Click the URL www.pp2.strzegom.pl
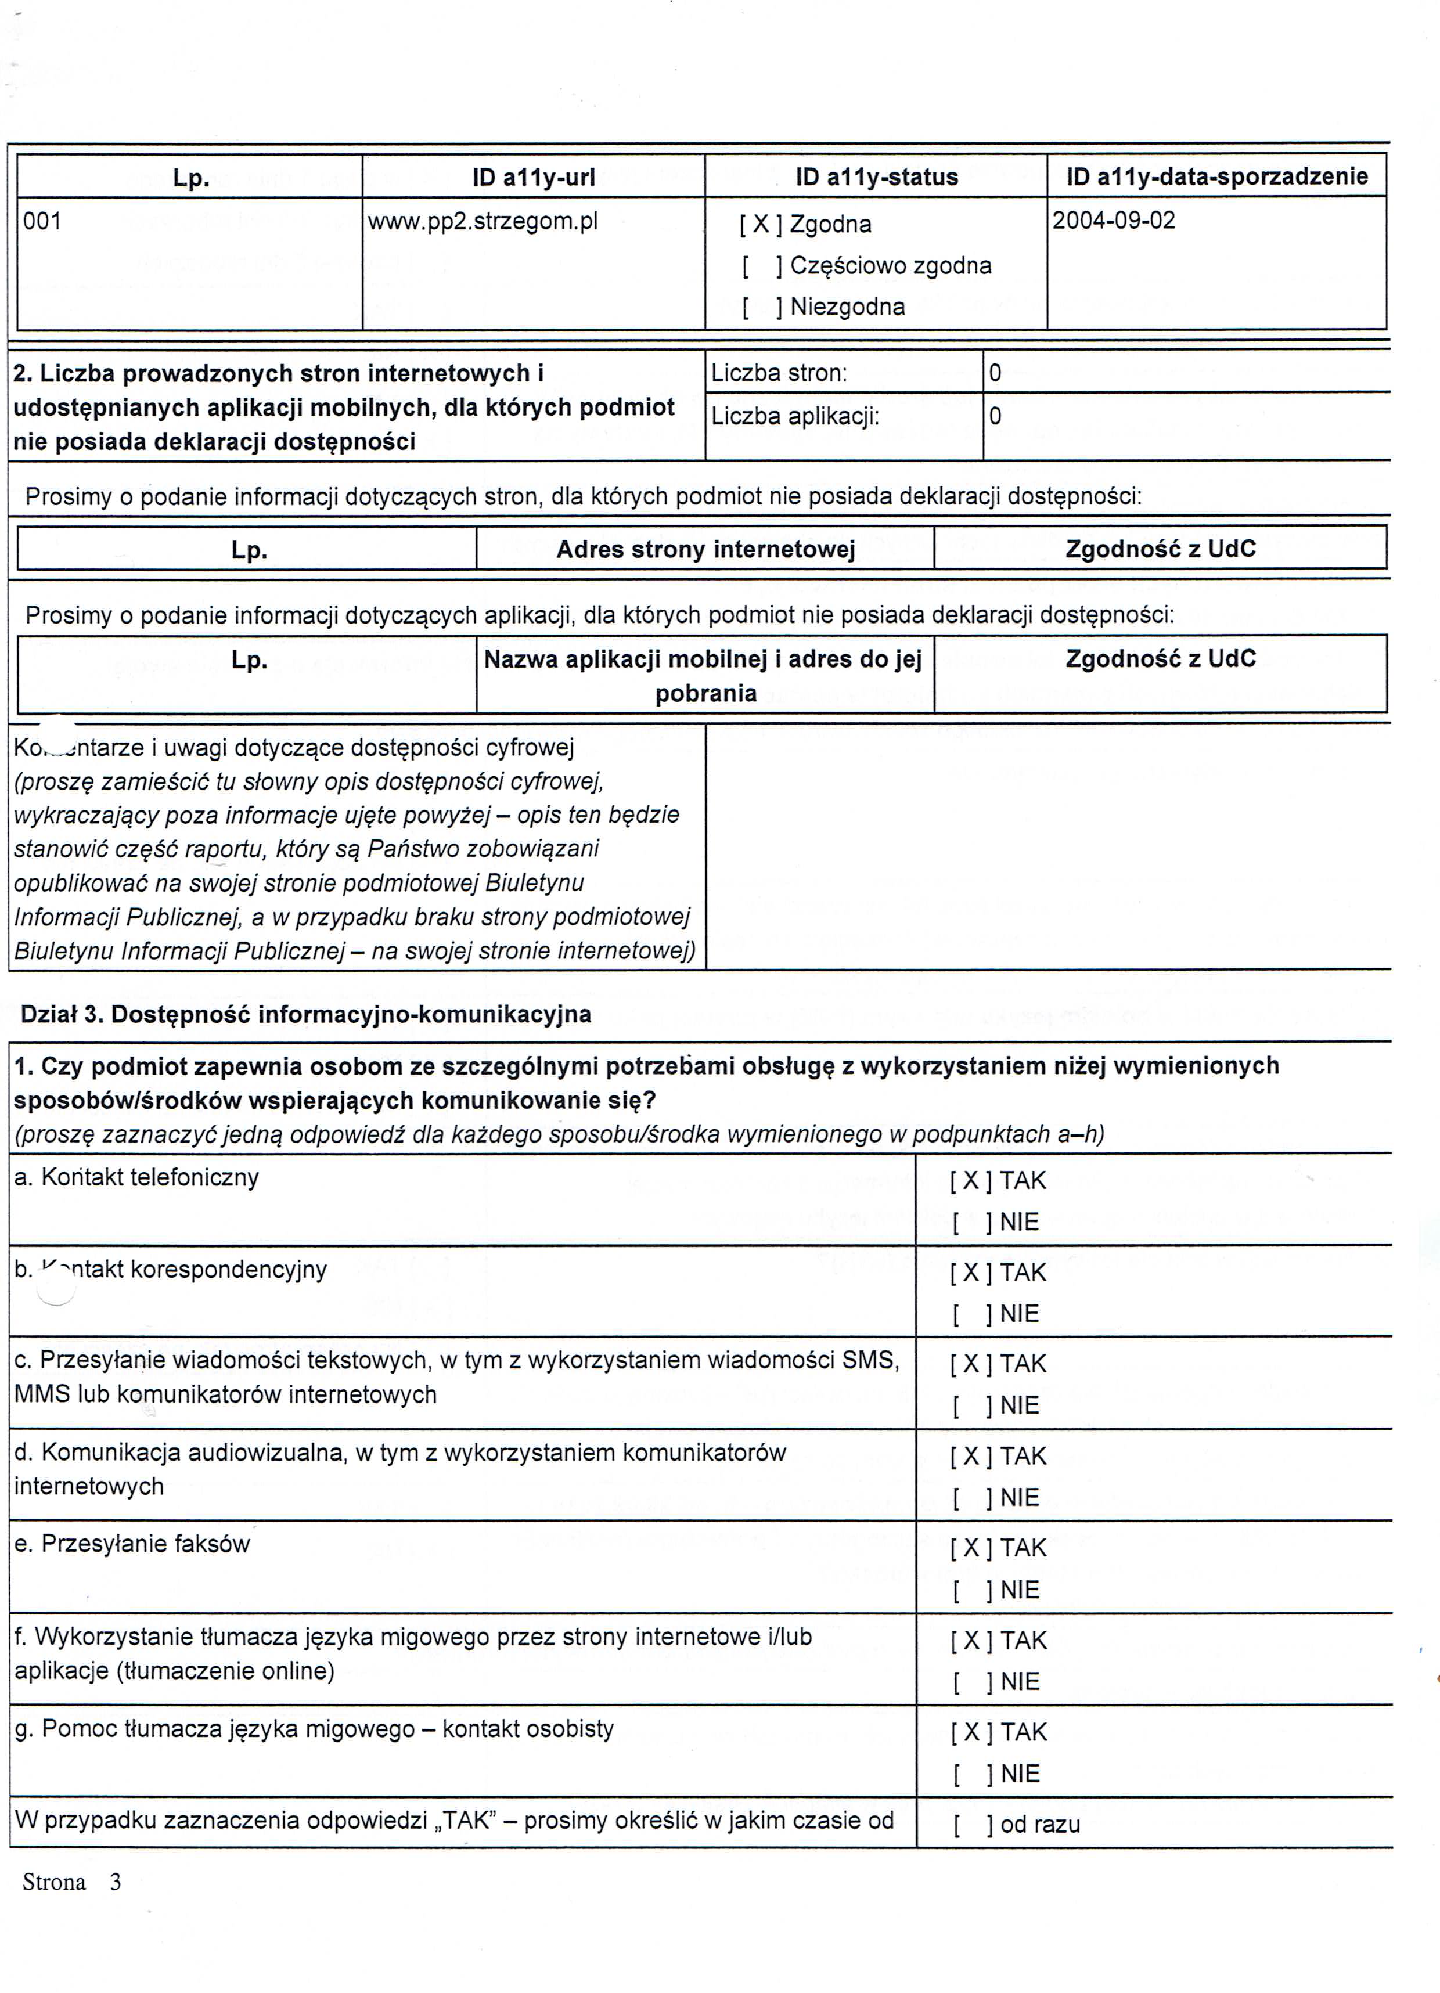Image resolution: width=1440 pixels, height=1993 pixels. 482,221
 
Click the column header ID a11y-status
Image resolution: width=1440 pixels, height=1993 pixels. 876,178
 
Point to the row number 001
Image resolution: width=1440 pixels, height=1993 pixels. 42,221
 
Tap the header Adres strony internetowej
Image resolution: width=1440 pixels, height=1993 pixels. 705,550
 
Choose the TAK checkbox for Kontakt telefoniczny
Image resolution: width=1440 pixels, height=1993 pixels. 971,1181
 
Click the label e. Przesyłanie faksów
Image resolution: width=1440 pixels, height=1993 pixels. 132,1544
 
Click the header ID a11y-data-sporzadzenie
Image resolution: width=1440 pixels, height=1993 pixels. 1216,176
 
